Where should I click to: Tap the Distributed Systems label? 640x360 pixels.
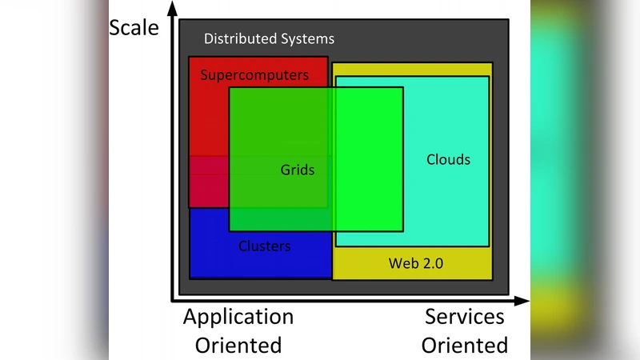pos(269,38)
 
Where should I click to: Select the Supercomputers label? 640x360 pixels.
pos(254,75)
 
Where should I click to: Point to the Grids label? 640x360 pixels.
pos(297,170)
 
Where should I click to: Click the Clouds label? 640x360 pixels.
pos(448,159)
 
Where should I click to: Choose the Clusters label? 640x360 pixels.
pos(264,246)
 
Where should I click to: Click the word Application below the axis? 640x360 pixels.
pos(238,317)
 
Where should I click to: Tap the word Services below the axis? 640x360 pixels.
pos(465,317)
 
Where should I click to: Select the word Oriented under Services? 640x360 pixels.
pos(465,346)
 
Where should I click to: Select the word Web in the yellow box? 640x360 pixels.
pos(401,262)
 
